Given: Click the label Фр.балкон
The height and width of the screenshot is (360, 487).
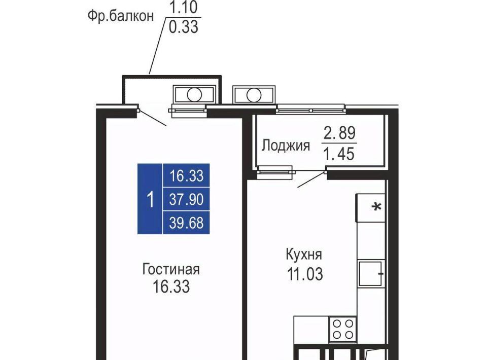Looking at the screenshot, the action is pyautogui.click(x=121, y=16).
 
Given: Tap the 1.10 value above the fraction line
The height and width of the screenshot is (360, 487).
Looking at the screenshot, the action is pyautogui.click(x=183, y=8).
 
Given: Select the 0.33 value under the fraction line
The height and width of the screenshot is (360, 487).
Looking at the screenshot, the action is pyautogui.click(x=183, y=27).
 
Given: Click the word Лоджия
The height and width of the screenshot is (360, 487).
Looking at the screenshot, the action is pyautogui.click(x=286, y=145).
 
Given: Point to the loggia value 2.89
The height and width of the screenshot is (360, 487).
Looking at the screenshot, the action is pyautogui.click(x=339, y=133).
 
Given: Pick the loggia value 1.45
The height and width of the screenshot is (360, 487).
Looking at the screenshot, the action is pyautogui.click(x=339, y=154).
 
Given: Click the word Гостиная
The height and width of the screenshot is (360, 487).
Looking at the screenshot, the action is pyautogui.click(x=171, y=269).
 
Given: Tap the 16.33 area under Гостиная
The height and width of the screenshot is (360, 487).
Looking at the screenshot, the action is pyautogui.click(x=171, y=286).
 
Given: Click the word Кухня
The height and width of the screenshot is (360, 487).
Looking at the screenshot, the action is pyautogui.click(x=304, y=255).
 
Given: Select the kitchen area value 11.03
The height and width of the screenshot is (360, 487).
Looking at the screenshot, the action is pyautogui.click(x=305, y=274).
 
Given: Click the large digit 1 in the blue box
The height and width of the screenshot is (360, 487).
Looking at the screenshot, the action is pyautogui.click(x=150, y=199).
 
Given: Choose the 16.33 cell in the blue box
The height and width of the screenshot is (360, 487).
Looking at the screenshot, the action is pyautogui.click(x=186, y=175).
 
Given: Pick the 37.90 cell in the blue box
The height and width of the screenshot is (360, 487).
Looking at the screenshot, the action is pyautogui.click(x=186, y=199).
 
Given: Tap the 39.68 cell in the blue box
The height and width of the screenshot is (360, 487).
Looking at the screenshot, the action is pyautogui.click(x=186, y=223).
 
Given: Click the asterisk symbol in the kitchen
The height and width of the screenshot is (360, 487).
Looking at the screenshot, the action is pyautogui.click(x=377, y=207).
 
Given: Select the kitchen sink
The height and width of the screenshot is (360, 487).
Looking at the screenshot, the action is pyautogui.click(x=370, y=273).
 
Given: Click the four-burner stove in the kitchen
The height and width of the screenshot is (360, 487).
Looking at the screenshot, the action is pyautogui.click(x=343, y=329).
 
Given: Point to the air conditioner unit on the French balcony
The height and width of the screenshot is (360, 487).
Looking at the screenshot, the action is pyautogui.click(x=194, y=94).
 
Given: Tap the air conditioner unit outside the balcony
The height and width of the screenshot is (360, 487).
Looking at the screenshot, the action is pyautogui.click(x=254, y=95).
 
